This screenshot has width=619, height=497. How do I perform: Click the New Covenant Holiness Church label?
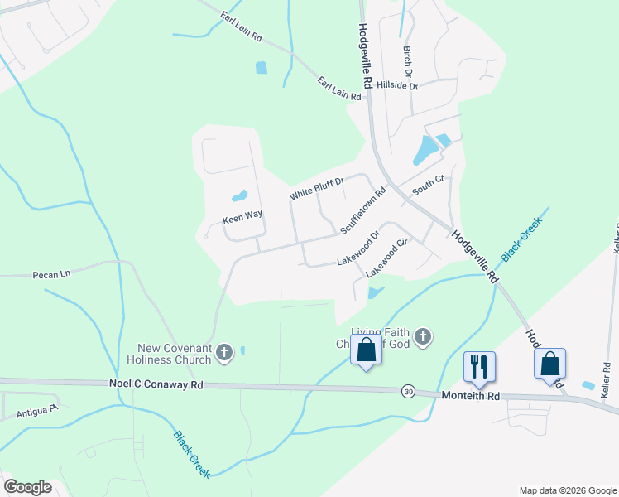tap(170, 355)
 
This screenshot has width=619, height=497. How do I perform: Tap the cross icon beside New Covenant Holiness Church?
tap(223, 354)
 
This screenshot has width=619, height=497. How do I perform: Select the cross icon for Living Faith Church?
tap(422, 337)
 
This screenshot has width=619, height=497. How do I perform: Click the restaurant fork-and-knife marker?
tap(479, 365)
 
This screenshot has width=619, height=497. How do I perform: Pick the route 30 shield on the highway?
tap(408, 391)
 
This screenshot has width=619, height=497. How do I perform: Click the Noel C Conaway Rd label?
tap(156, 384)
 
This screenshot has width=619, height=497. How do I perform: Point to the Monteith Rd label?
tap(471, 397)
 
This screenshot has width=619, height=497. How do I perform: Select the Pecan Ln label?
tap(52, 273)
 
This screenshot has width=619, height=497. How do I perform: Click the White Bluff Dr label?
tap(316, 188)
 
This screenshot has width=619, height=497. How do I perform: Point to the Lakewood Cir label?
tap(387, 258)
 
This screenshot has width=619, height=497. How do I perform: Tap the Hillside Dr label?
tap(397, 85)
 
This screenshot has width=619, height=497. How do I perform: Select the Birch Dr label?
tap(407, 58)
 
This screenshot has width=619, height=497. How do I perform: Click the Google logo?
tap(27, 487)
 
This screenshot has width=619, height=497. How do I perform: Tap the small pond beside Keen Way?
tap(239, 197)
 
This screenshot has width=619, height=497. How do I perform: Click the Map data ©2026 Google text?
tap(568, 490)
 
